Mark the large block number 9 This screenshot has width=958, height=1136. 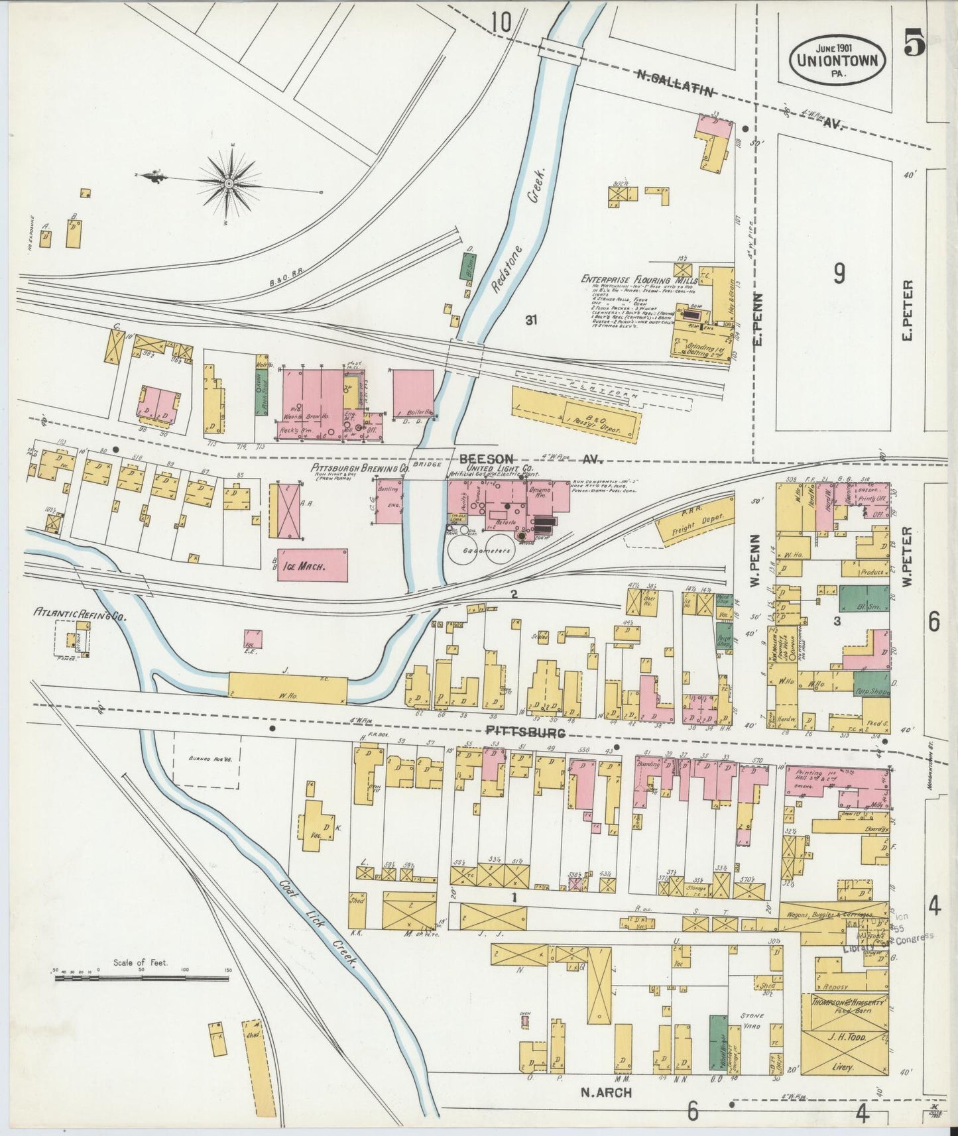pos(839,273)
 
